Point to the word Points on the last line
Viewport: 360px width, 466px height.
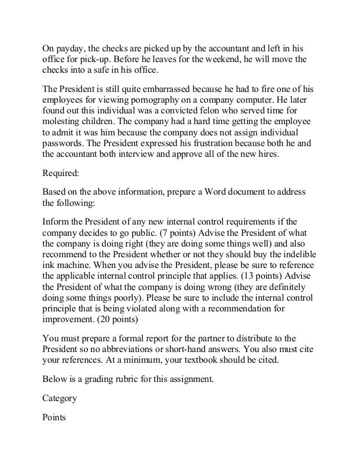[x=55, y=417]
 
